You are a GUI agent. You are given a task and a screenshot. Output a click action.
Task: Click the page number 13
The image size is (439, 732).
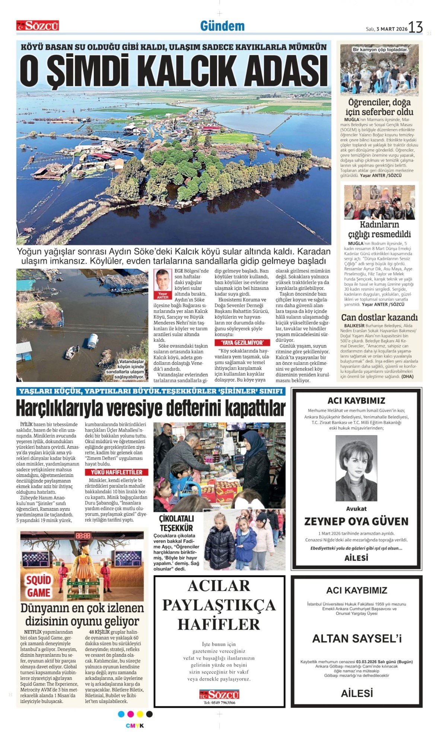(416, 28)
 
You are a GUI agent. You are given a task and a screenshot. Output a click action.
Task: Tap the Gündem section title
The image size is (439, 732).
(222, 26)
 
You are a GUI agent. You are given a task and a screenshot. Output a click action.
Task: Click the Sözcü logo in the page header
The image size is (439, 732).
(38, 26)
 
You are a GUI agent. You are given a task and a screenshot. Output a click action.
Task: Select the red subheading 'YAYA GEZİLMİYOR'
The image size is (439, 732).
(242, 343)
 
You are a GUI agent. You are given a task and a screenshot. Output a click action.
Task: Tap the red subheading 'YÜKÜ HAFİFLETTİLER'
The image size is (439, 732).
(117, 472)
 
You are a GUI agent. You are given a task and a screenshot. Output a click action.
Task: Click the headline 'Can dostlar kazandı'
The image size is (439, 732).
(379, 317)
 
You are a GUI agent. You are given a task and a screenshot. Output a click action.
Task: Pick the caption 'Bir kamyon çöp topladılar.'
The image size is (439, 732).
(380, 49)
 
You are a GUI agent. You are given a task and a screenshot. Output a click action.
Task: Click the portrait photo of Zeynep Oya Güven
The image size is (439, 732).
(356, 468)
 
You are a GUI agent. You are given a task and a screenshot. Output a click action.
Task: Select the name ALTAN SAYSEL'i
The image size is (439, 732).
(357, 639)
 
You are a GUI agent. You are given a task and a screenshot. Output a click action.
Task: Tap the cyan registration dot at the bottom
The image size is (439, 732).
(121, 714)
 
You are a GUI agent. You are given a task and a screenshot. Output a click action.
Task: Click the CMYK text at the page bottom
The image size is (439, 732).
(135, 726)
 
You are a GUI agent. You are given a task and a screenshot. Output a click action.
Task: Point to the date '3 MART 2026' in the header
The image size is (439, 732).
(392, 29)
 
